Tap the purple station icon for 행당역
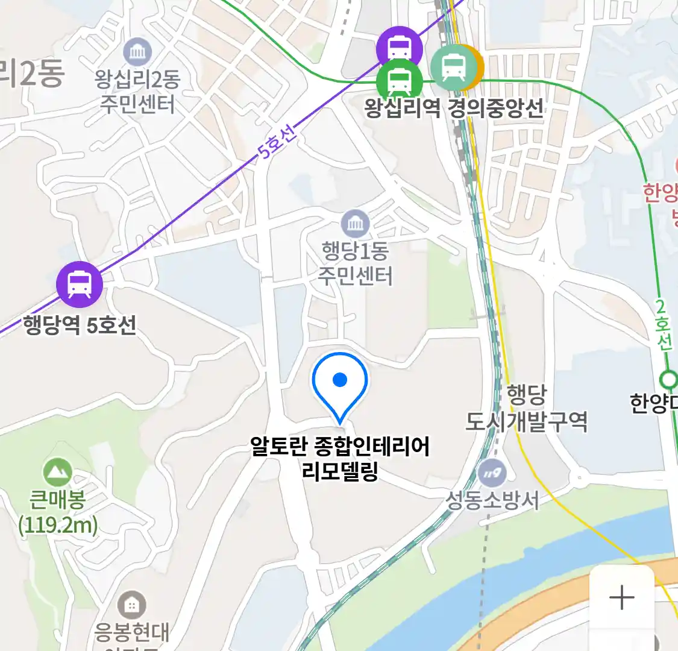80,285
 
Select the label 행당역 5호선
80,325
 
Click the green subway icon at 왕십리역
399,80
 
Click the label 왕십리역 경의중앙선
453,108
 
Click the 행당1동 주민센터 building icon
355,224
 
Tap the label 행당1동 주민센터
356,263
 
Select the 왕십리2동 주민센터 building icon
137,52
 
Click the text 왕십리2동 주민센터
137,91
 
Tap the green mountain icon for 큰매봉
58,472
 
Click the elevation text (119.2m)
58,525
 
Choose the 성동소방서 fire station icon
493,473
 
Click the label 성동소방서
492,500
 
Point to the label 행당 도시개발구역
526,409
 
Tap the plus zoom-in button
622,597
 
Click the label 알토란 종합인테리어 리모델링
340,458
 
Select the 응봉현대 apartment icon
131,605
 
